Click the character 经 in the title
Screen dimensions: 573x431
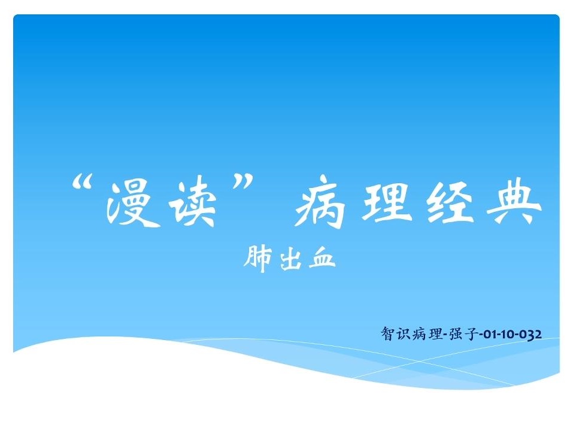coord(450,203)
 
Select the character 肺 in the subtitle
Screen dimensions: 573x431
coord(258,259)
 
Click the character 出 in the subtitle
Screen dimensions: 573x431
coord(290,260)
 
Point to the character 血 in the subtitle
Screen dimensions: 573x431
coord(322,260)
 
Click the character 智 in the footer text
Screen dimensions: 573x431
coord(388,333)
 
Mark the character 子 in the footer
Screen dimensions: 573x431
coord(471,334)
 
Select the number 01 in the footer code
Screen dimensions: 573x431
coord(489,334)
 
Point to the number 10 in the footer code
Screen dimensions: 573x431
coord(507,334)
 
